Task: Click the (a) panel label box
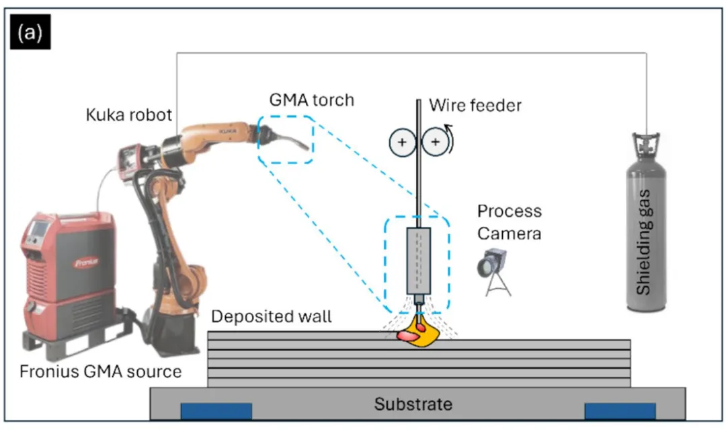point(30,32)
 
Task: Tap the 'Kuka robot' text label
point(128,114)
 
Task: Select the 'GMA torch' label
point(312,100)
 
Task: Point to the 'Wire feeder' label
point(475,105)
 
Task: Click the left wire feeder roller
point(402,142)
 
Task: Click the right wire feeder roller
point(435,142)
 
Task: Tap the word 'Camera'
point(509,233)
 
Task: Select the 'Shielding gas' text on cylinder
point(643,242)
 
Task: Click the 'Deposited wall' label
point(272,316)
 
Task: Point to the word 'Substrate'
point(413,404)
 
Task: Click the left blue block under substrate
point(216,411)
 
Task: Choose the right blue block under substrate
point(620,411)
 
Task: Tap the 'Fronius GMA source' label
point(100,371)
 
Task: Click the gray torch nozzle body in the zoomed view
point(419,260)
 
